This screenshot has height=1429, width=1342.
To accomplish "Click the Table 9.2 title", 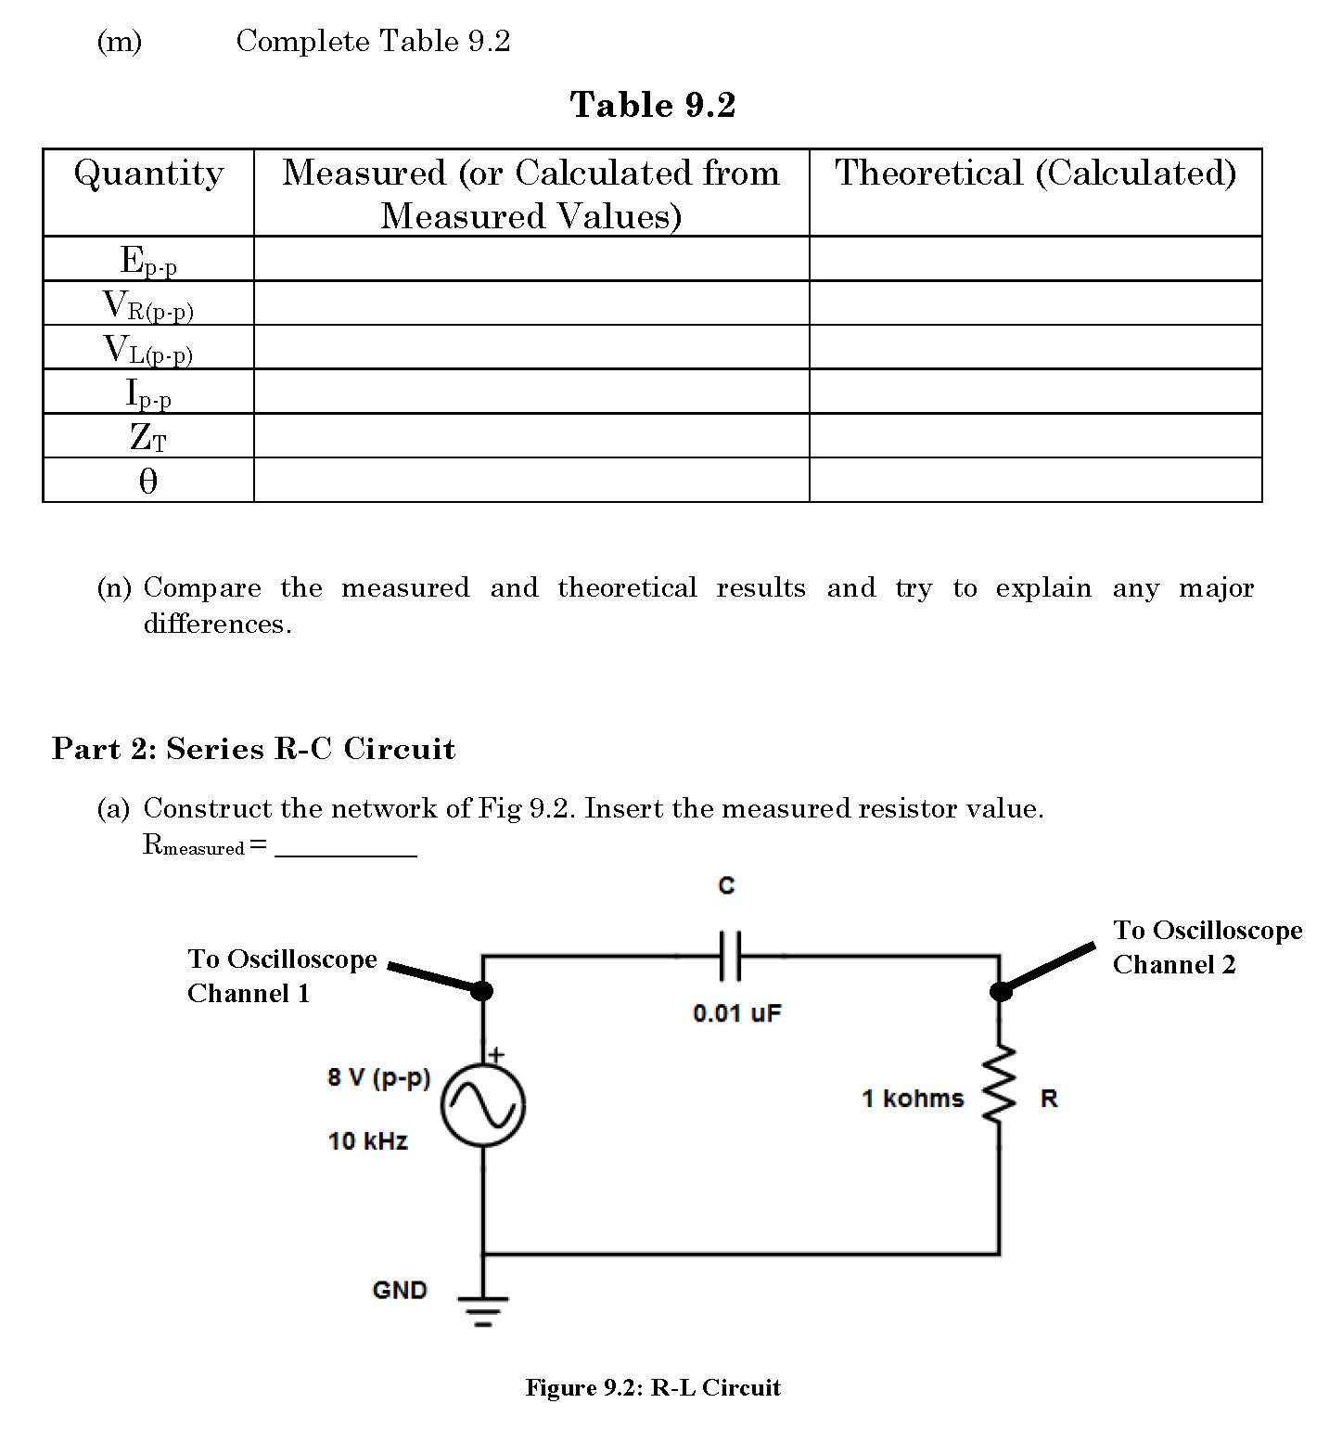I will (653, 105).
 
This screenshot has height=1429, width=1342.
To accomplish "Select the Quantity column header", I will (148, 174).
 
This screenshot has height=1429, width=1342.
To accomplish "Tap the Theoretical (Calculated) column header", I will (1035, 174).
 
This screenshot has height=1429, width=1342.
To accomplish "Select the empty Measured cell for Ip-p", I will (531, 392).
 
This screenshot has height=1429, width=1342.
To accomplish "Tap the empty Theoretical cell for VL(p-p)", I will (1035, 347).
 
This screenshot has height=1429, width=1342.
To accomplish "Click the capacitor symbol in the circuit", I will (730, 956).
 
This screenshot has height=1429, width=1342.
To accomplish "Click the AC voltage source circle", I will (482, 1104).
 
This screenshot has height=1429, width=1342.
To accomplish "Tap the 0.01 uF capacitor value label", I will (737, 1013).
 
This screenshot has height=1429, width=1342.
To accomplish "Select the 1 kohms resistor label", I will (913, 1099).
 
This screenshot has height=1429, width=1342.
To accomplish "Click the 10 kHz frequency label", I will (368, 1141).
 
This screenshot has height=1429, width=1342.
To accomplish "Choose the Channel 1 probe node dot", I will (482, 991).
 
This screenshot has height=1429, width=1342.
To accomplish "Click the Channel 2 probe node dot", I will (1000, 991).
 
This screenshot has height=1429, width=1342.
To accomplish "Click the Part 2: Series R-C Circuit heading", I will (253, 749).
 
